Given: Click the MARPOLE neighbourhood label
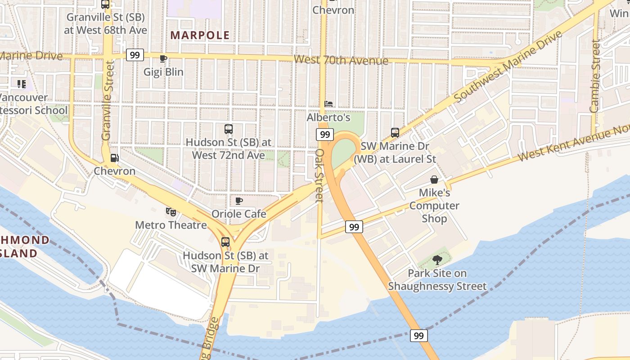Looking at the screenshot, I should [200, 35].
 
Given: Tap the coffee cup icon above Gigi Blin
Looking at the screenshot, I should [163, 58].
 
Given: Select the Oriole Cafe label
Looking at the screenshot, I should [239, 214].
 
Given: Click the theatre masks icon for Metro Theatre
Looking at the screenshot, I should [171, 211].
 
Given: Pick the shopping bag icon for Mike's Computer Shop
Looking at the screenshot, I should [434, 180].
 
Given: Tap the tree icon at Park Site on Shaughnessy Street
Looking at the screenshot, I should [437, 260].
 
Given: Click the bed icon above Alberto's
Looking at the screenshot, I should [328, 104].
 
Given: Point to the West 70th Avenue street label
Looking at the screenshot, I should [341, 60].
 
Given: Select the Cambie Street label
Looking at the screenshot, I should [595, 76].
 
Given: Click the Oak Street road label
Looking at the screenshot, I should [319, 175].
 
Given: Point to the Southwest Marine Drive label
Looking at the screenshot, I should [508, 66].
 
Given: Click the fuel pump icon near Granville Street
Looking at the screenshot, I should [115, 158].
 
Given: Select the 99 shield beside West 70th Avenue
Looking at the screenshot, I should [135, 55].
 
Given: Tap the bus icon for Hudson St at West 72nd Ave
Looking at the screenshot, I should [229, 129].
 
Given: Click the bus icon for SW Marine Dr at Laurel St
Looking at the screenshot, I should [395, 133].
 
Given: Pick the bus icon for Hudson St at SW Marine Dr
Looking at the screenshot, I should [225, 242].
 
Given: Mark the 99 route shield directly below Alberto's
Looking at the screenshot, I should [324, 134].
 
